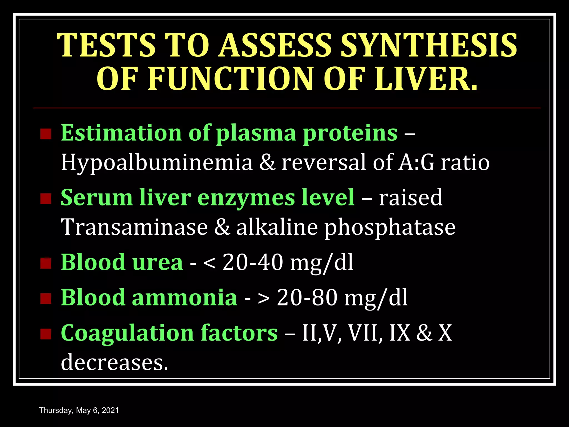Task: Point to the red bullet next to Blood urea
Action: click(46, 263)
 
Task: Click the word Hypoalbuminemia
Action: click(157, 163)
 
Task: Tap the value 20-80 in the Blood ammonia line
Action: click(307, 298)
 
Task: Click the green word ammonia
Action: click(184, 298)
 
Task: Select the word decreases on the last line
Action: click(114, 362)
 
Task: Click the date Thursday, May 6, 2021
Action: click(79, 410)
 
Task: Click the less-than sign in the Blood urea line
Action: click(209, 263)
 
